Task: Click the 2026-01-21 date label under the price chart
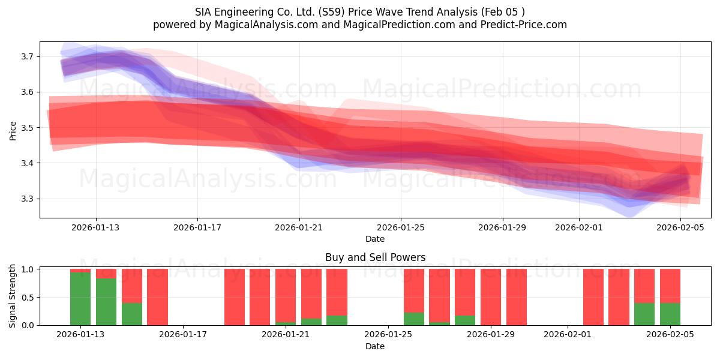[299, 227]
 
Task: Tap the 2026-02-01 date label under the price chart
[578, 227]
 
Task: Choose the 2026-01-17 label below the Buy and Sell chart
[183, 335]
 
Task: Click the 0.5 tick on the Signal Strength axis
[28, 298]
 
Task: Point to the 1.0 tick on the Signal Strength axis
[28, 269]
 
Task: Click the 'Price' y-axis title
[13, 130]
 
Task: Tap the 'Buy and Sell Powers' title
[375, 257]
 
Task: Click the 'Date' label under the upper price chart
[375, 239]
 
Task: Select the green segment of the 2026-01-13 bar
[80, 299]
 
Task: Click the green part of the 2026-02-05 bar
[670, 314]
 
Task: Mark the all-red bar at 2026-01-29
[491, 297]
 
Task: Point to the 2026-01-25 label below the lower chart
[388, 335]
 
